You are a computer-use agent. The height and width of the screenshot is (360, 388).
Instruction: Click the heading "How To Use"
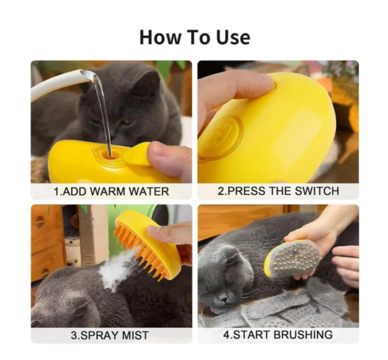(194, 37)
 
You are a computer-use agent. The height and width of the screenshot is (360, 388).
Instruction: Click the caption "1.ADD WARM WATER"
(111, 191)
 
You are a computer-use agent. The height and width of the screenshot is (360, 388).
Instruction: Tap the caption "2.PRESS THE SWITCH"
(278, 191)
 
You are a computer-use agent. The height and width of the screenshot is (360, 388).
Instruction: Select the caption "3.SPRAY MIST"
(109, 335)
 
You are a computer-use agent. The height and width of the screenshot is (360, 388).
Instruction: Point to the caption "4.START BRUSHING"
(278, 335)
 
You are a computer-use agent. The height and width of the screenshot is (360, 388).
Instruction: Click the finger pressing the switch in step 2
(234, 86)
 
